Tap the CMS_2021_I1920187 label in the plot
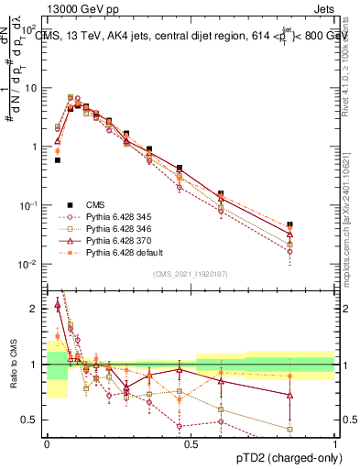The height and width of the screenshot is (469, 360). coord(191,274)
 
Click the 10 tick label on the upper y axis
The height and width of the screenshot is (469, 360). coord(31,88)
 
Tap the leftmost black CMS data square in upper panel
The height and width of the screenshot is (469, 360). coord(58,159)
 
